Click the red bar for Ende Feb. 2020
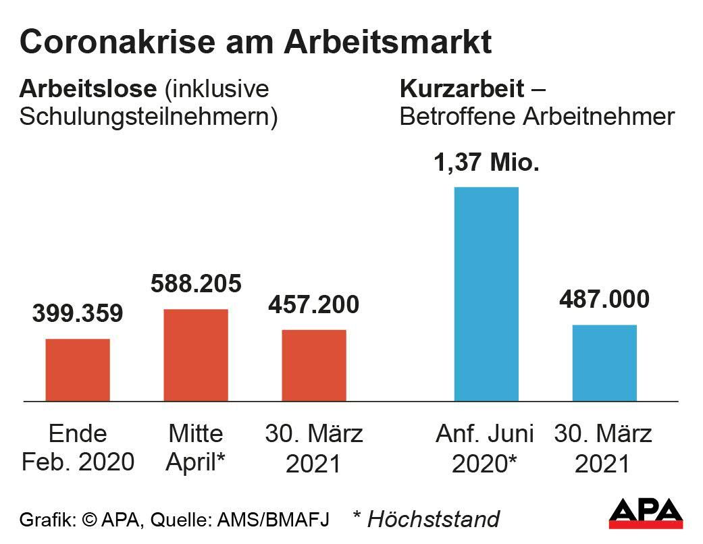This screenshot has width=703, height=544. tap(78, 370)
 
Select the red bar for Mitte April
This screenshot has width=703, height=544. tap(196, 355)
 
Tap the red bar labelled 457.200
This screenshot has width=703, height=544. tap(314, 365)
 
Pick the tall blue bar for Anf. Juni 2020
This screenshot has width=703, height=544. tap(486, 294)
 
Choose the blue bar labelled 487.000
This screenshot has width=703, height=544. tap(604, 362)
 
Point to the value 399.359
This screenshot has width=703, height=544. tap(78, 313)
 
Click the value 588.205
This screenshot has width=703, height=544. tap(196, 283)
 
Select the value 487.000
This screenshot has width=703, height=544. tap(604, 299)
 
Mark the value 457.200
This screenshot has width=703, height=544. tap(314, 304)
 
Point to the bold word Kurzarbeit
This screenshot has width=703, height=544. tap(462, 88)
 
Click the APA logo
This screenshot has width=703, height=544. tap(646, 514)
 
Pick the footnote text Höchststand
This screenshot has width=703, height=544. tap(433, 519)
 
